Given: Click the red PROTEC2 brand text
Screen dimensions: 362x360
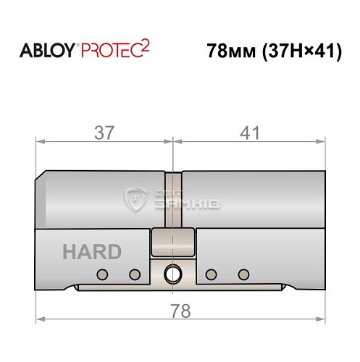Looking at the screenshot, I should click(115, 51).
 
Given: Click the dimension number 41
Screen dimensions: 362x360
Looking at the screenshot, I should click(248, 132).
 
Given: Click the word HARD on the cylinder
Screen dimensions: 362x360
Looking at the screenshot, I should click(92, 252).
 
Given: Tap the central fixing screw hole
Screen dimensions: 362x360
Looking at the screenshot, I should click(173, 274).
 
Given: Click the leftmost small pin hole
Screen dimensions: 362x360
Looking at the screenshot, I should click(102, 274).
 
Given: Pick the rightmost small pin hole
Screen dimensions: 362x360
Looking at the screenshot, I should click(243, 274).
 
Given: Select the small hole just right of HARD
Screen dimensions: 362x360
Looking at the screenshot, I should click(134, 274).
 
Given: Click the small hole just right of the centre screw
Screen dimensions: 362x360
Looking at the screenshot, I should click(211, 274).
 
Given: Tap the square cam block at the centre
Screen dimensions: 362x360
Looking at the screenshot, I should click(173, 242).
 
